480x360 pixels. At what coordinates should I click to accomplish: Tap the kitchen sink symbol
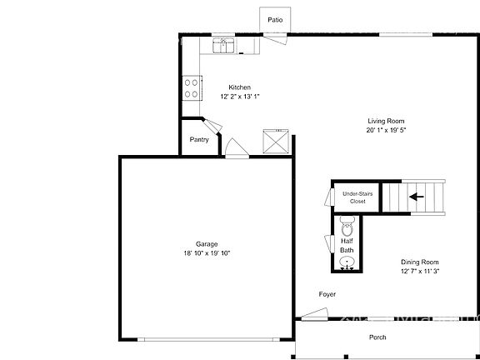tap(222, 46)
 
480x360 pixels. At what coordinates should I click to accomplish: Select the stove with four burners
tap(191, 87)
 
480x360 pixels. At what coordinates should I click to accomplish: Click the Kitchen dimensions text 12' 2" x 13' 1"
tap(241, 96)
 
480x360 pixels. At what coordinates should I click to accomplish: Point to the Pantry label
tap(199, 139)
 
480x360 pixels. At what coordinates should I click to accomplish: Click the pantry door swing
tap(212, 125)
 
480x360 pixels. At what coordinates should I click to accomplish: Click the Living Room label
tap(386, 121)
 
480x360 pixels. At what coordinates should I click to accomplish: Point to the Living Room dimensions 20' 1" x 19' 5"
tap(386, 130)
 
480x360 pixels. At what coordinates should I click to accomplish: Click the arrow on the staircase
tap(416, 197)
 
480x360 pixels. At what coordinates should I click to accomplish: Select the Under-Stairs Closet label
tap(357, 197)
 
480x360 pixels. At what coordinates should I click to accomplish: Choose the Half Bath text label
tap(347, 245)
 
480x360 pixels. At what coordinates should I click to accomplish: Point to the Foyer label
tap(327, 294)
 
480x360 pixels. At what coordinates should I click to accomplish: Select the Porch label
tap(378, 337)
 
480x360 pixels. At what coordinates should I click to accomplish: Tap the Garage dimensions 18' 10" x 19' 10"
tap(207, 252)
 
